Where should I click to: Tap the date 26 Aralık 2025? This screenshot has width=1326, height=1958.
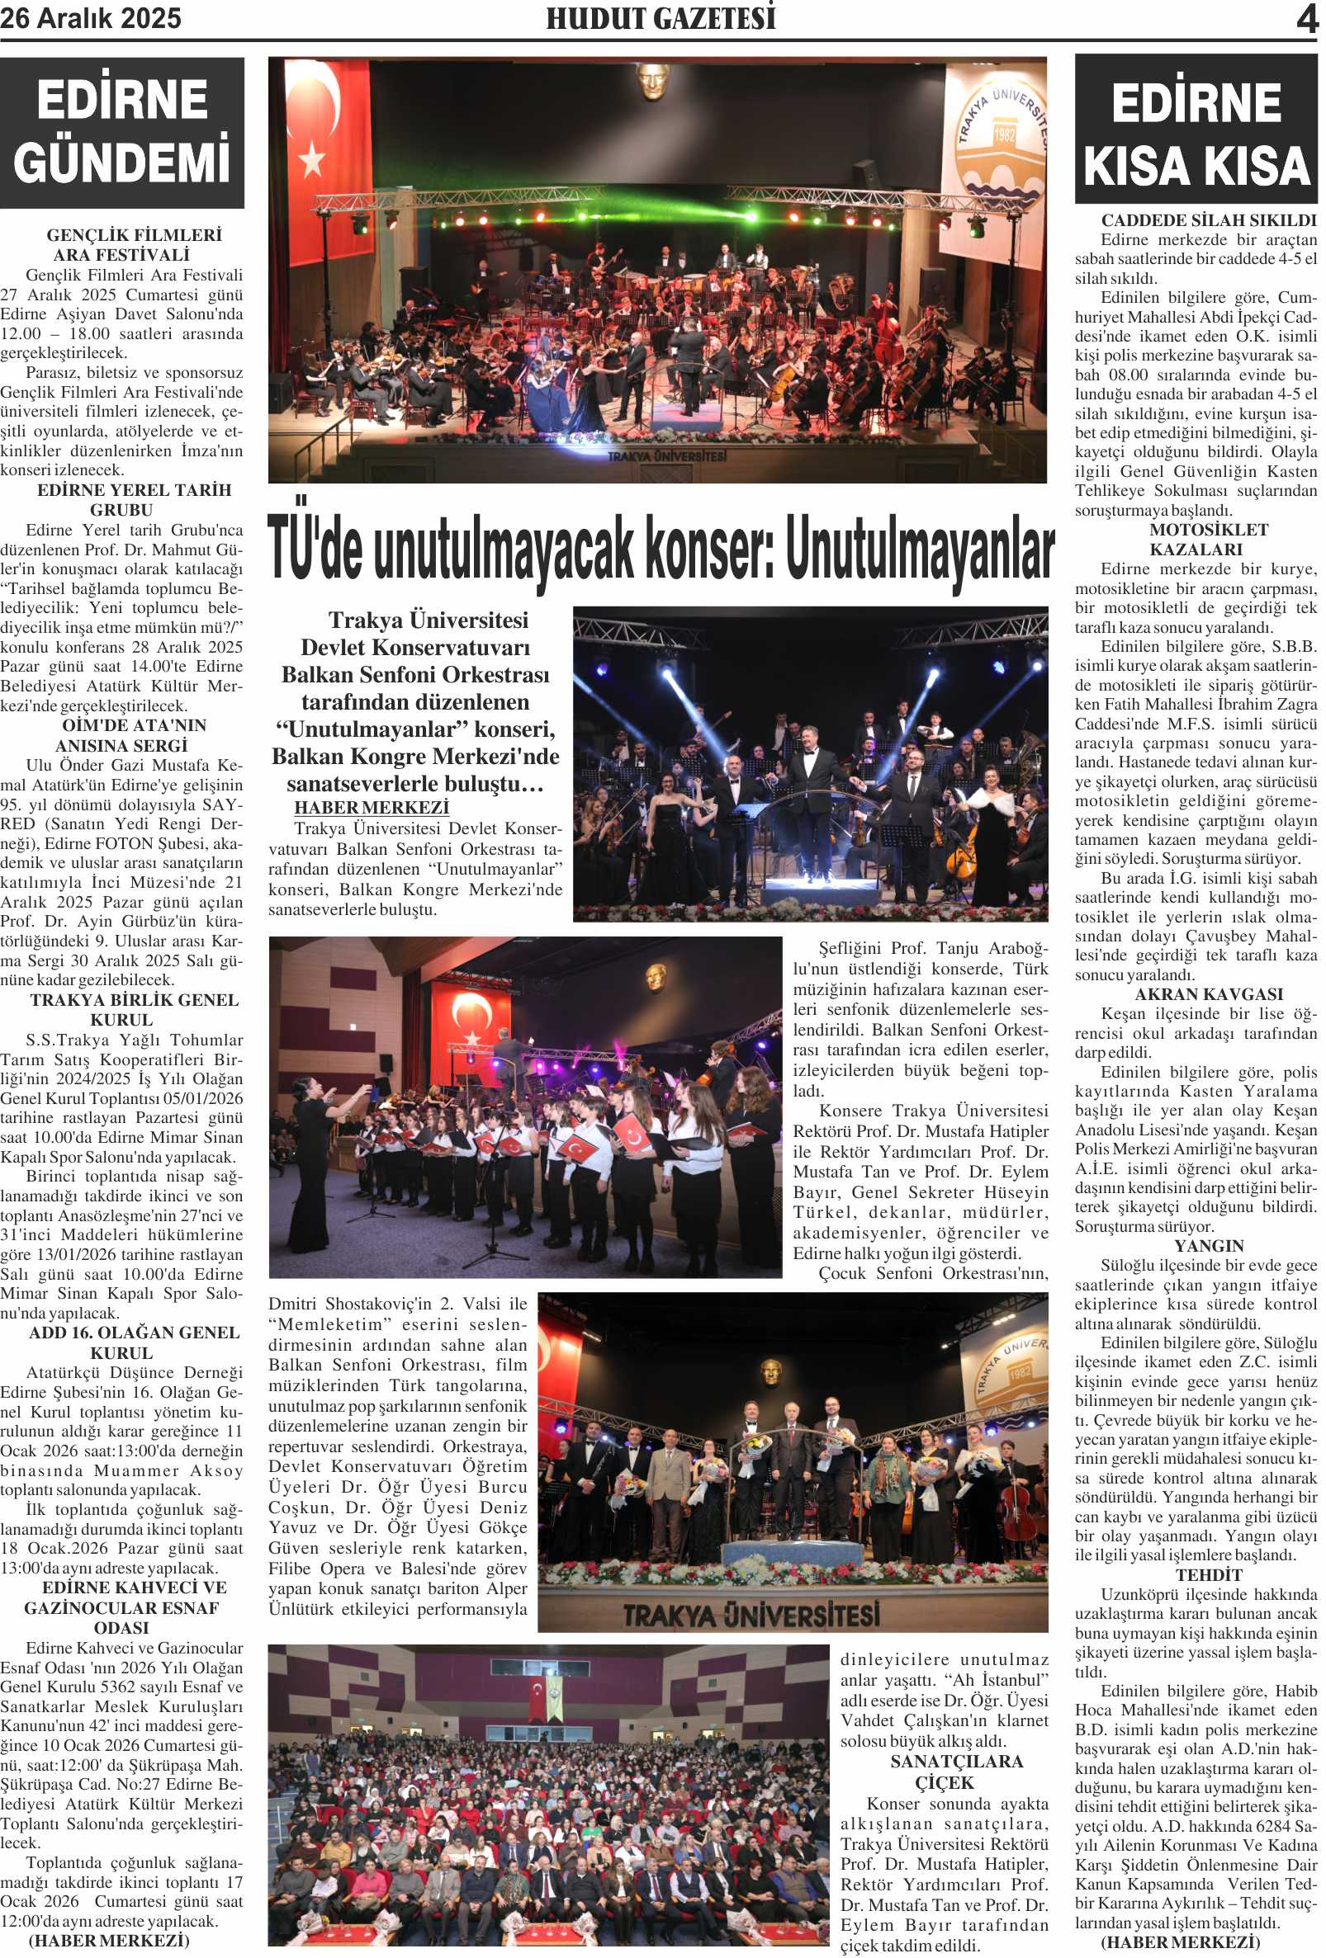click(x=91, y=18)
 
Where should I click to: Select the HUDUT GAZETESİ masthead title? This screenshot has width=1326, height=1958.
click(x=661, y=18)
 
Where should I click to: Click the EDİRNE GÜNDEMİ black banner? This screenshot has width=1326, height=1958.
click(x=122, y=132)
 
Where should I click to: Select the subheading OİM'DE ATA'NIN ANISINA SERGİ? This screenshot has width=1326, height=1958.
click(x=123, y=734)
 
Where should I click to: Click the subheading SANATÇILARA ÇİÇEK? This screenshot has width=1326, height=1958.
click(x=944, y=1771)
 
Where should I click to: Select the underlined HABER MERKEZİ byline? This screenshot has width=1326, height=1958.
click(x=371, y=807)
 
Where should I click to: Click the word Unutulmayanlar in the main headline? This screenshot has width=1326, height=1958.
click(x=920, y=550)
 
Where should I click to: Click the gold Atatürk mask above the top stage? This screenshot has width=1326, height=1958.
click(x=651, y=82)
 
